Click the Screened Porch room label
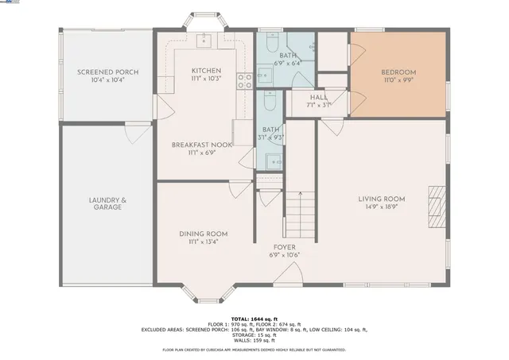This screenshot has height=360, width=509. pos(107,72)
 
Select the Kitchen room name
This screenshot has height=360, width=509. pos(206,71)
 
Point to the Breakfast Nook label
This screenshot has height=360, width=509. pos(202,145)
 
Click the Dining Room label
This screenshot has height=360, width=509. pos(203,234)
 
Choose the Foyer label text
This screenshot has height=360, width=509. pos(285,247)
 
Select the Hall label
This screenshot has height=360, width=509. pos(318,97)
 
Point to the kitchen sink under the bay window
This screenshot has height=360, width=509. pos(204,37)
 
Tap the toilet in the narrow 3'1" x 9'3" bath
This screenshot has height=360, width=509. pos(270,102)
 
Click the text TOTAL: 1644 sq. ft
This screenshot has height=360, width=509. pos(254,319)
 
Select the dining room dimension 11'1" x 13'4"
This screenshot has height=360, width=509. pos(203,242)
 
